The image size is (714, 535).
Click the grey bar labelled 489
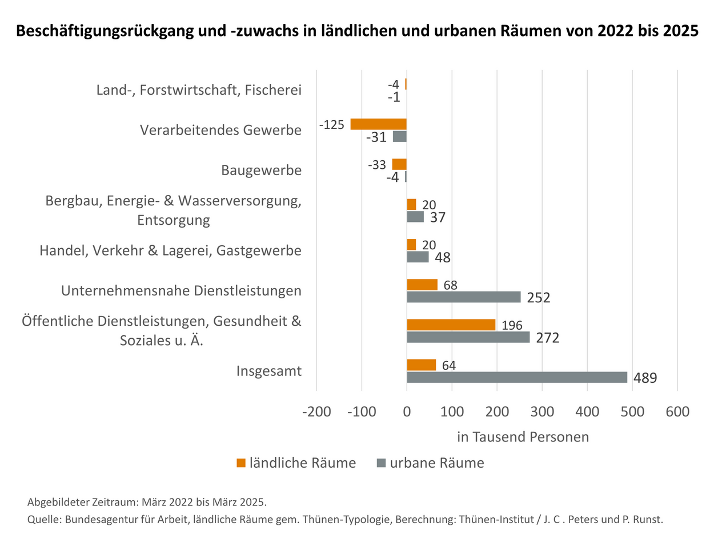(x=516, y=378)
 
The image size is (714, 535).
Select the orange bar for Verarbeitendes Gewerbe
(x=378, y=124)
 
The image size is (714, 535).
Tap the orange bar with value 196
(x=451, y=325)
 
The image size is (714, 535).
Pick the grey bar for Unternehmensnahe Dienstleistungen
(x=463, y=297)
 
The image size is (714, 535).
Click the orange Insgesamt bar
(x=421, y=365)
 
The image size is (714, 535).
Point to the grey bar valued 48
(x=418, y=257)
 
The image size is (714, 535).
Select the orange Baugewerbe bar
(x=399, y=164)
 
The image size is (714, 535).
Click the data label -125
(x=333, y=124)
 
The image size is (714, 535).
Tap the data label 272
(x=547, y=338)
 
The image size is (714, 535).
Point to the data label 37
(x=438, y=217)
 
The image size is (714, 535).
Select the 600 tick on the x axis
(x=677, y=412)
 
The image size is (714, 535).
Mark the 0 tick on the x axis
(x=407, y=412)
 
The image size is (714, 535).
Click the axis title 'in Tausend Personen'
(x=523, y=437)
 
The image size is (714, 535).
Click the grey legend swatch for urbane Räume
(x=381, y=463)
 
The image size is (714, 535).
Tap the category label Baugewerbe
(x=261, y=171)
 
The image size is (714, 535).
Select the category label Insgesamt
(x=269, y=371)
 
